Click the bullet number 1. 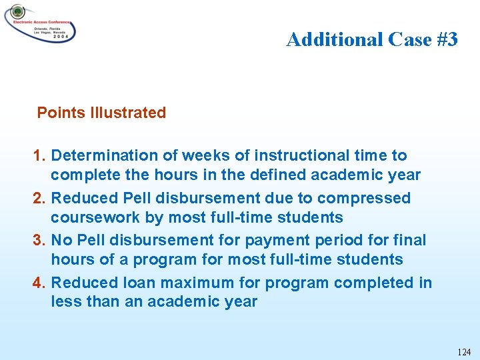39,155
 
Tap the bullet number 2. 39,198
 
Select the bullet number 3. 39,240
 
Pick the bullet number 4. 39,283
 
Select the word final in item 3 411,240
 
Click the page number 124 464,351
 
